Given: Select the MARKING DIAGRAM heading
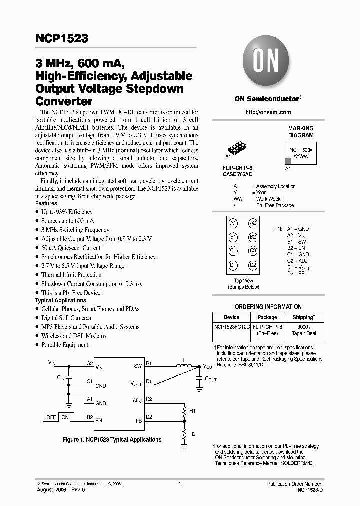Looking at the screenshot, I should (301, 132).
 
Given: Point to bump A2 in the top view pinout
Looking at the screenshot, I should (253, 223).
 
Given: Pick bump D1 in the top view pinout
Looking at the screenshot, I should (233, 265).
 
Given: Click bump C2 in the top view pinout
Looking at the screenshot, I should (253, 251).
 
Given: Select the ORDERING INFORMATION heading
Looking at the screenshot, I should (268, 307).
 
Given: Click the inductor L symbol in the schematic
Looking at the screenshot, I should (185, 368).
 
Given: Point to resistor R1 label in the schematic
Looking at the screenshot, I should (192, 411).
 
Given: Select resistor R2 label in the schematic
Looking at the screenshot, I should (192, 433).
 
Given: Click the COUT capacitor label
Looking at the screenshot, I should (211, 380).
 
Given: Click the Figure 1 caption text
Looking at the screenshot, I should (112, 440).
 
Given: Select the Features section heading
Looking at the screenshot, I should (46, 204).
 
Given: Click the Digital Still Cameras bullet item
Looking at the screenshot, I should (66, 318).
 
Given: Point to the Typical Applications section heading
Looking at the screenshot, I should (61, 300).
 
